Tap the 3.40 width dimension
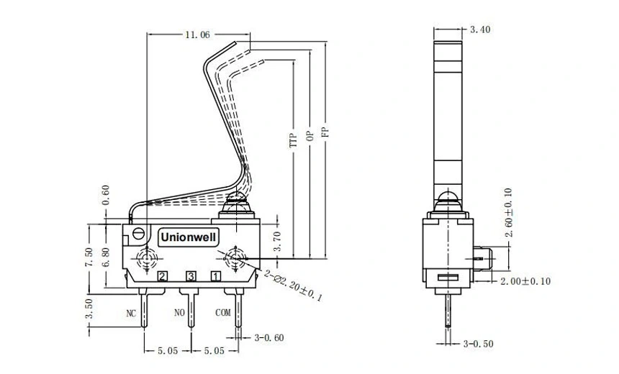click(x=480, y=29)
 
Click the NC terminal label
click(x=131, y=313)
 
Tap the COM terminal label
click(x=224, y=313)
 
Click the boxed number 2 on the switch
click(x=163, y=276)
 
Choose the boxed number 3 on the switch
click(x=191, y=276)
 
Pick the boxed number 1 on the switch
click(x=215, y=276)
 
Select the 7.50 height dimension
click(x=89, y=257)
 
